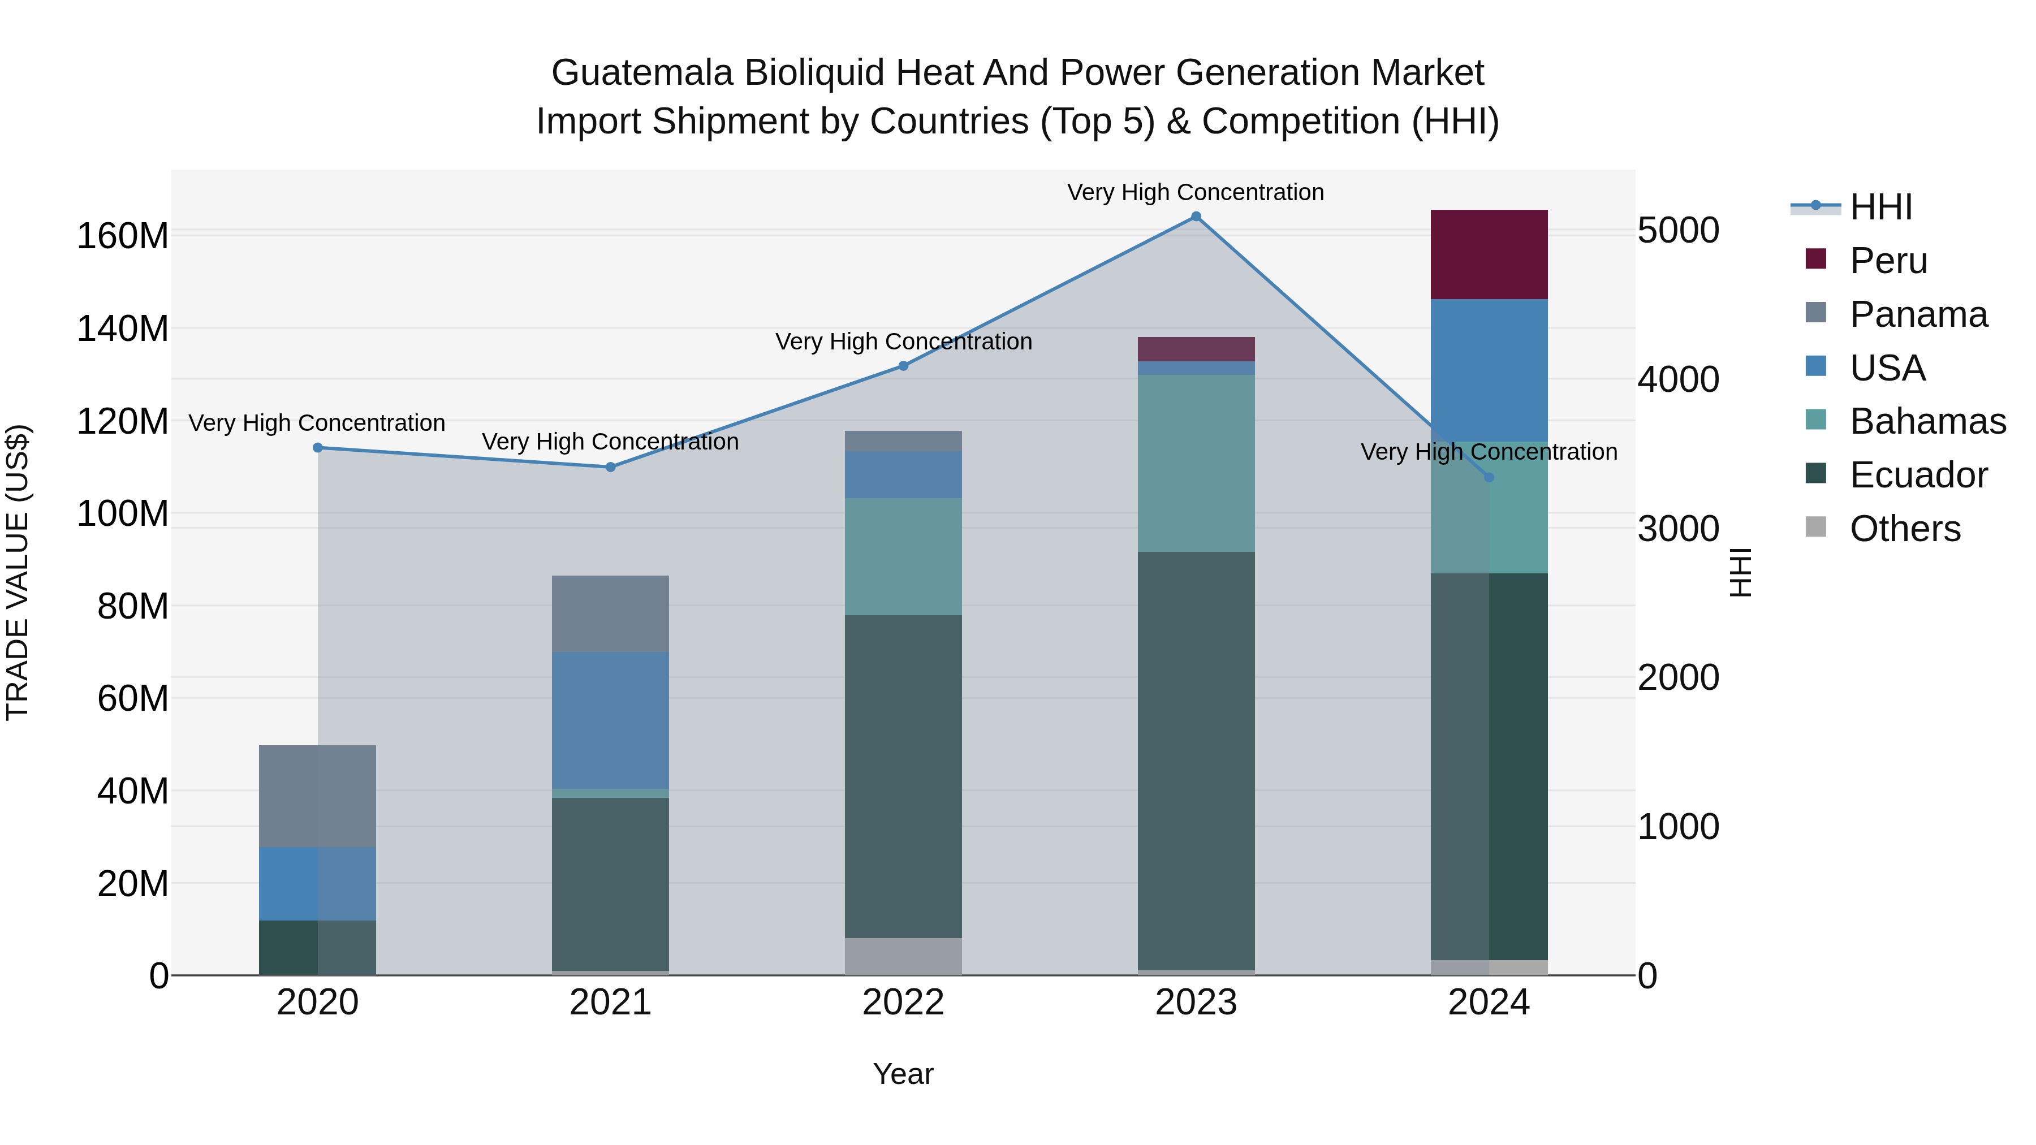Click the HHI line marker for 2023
(1196, 217)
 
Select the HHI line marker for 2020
(318, 447)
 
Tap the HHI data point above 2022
(903, 366)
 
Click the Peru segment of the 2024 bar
(1489, 254)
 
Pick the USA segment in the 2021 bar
(610, 719)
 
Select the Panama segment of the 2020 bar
(318, 795)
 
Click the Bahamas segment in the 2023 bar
(1196, 463)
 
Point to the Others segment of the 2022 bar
(903, 956)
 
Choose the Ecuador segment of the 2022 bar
(903, 776)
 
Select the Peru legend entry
(1888, 261)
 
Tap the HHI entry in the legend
(1880, 207)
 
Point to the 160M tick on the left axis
(123, 235)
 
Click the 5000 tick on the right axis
(1678, 231)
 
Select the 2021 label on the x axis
(610, 1003)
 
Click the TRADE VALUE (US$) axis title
(18, 572)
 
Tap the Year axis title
(903, 1074)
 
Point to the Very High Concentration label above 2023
(1195, 192)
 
